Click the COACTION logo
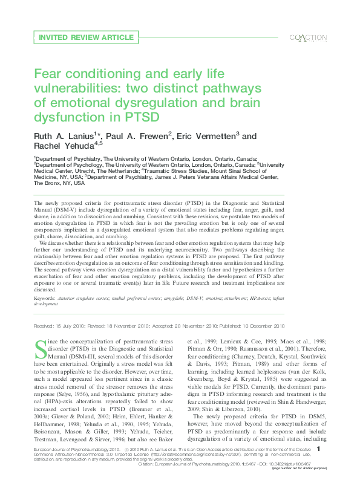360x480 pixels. [309, 37]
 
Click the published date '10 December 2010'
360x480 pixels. [262, 326]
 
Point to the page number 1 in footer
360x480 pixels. [326, 450]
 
